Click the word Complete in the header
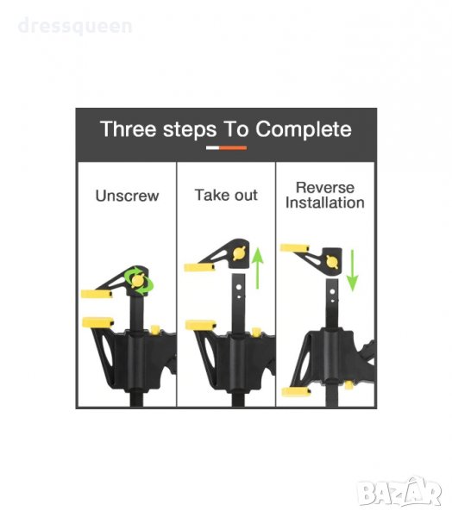click(x=304, y=129)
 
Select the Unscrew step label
click(x=127, y=196)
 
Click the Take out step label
click(x=226, y=195)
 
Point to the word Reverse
click(x=325, y=188)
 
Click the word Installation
click(x=325, y=202)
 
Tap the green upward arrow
click(x=258, y=268)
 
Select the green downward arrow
click(x=352, y=271)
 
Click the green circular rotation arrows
click(x=139, y=281)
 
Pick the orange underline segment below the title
click(x=233, y=148)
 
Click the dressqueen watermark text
click(x=75, y=26)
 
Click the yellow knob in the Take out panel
click(x=240, y=253)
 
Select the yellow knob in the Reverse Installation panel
click(x=332, y=261)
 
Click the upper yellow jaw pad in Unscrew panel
click(x=97, y=294)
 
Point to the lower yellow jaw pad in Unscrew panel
click(x=97, y=322)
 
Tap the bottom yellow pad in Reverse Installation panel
click(x=296, y=392)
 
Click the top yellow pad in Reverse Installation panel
click(x=294, y=248)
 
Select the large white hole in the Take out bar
click(x=239, y=288)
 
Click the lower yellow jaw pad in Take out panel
click(x=201, y=325)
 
